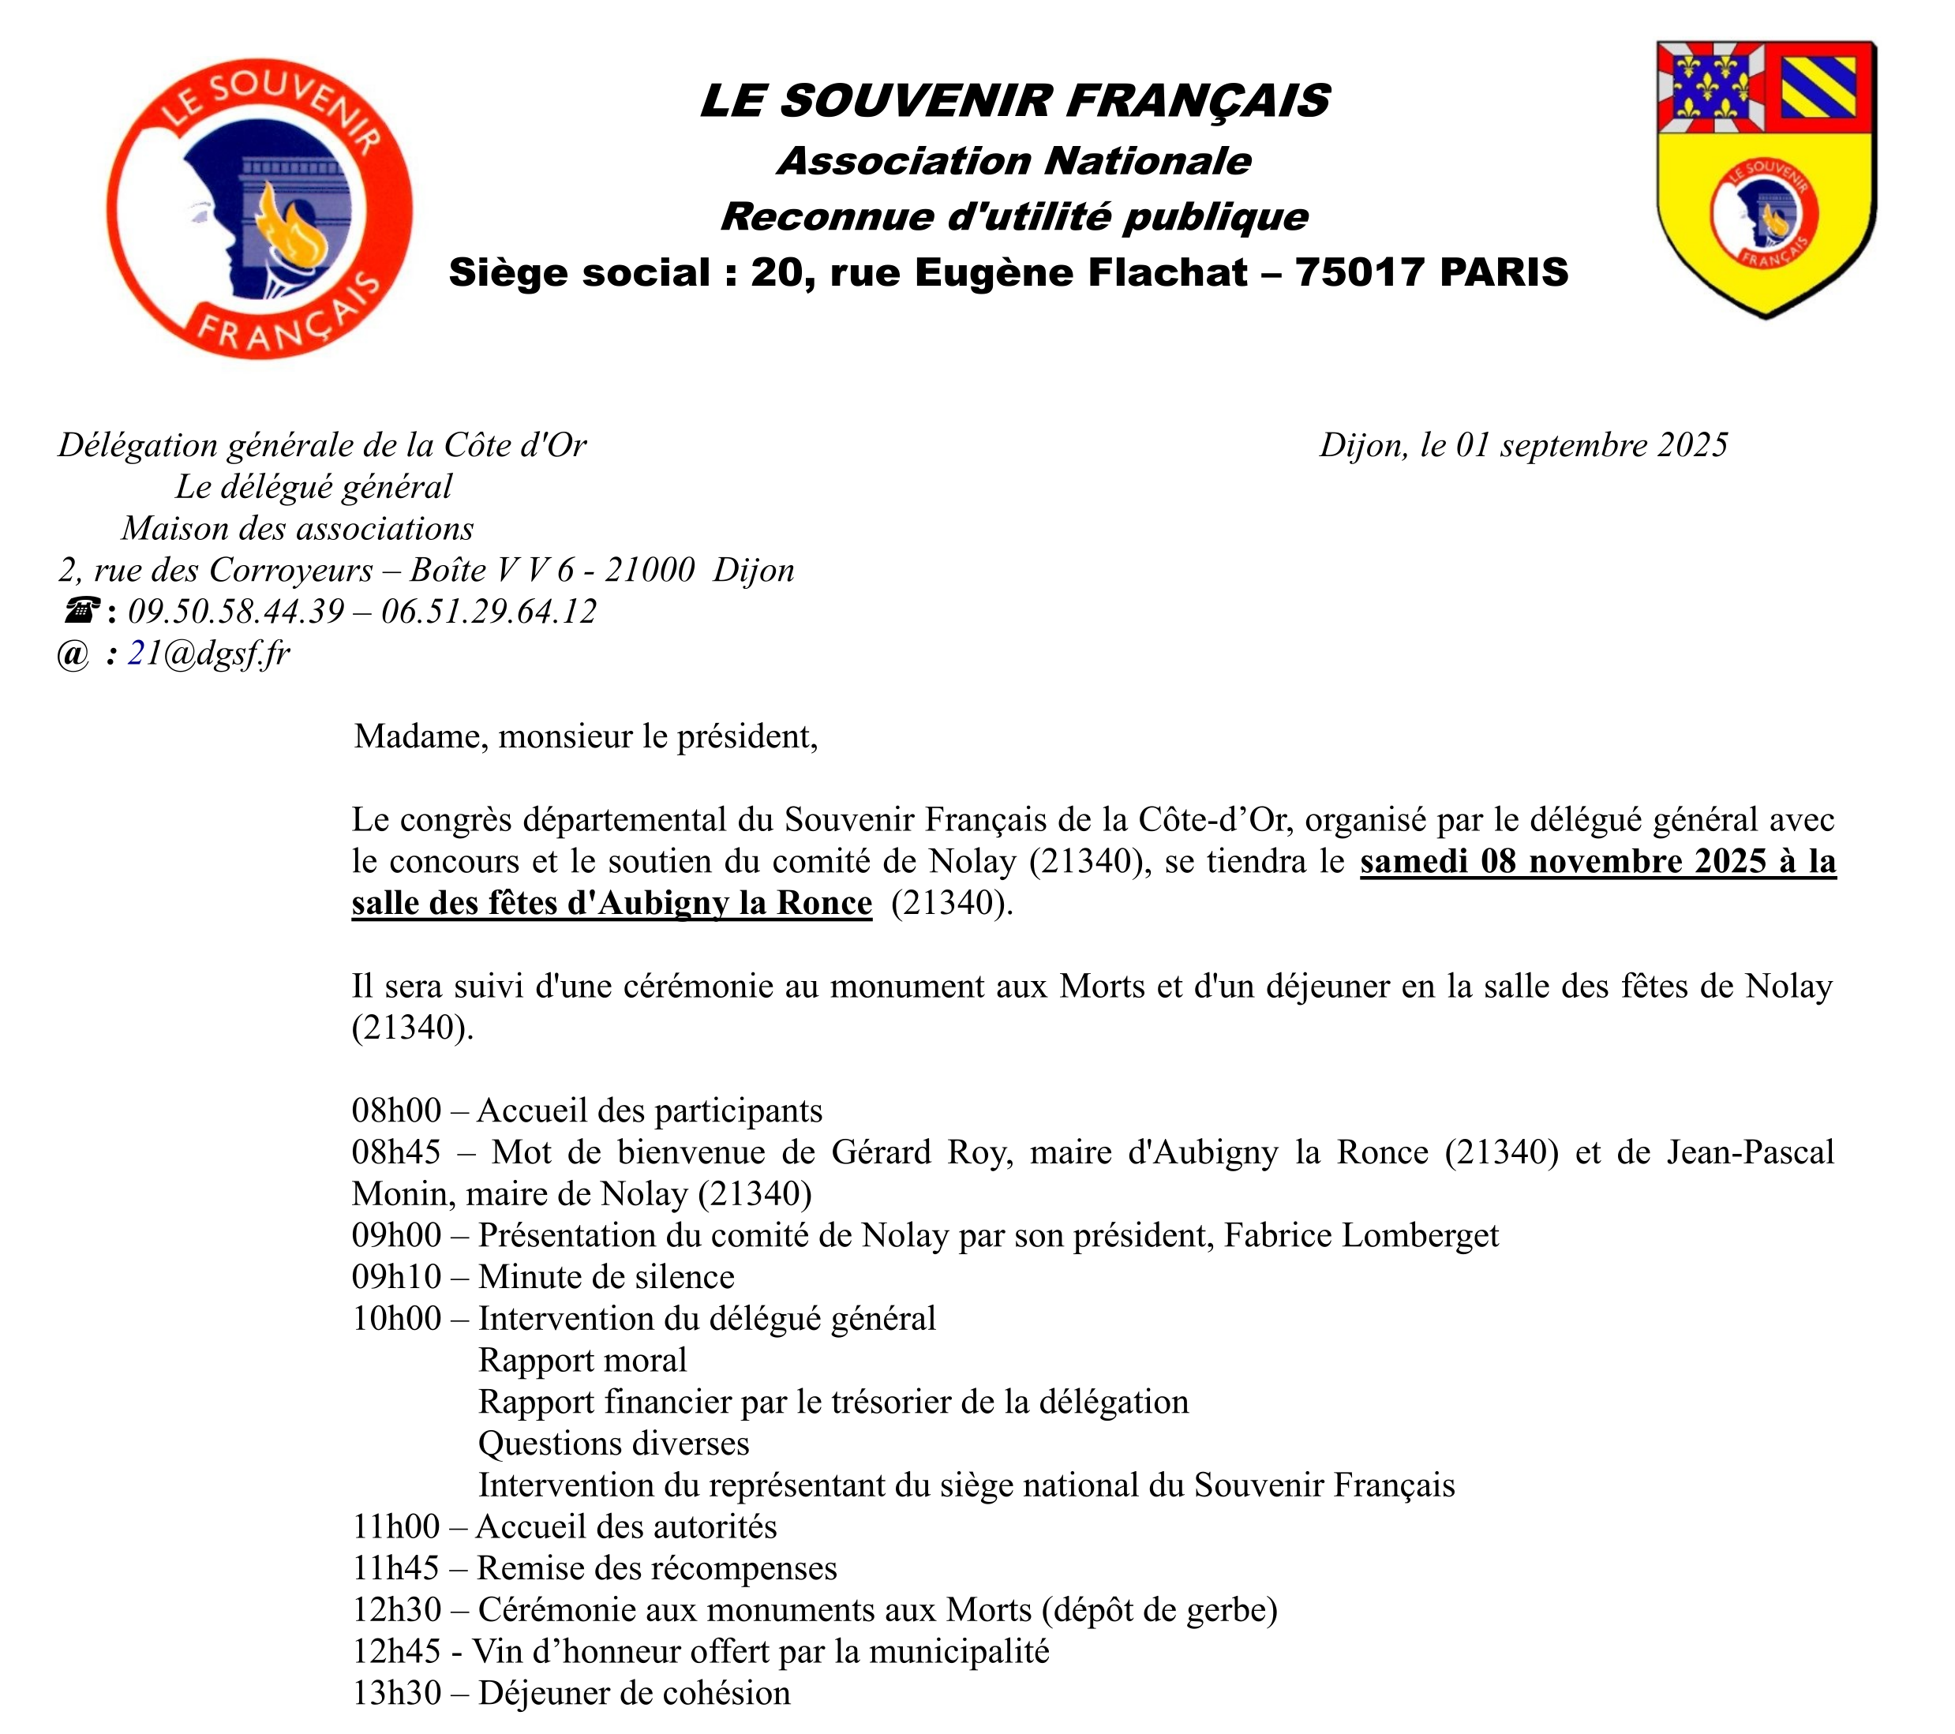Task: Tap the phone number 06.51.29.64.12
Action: [x=489, y=611]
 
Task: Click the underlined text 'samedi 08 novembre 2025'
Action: [x=1563, y=862]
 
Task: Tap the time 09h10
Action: [x=396, y=1278]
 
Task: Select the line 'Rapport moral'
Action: [x=582, y=1361]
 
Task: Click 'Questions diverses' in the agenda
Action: [x=613, y=1444]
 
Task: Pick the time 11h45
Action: [x=396, y=1568]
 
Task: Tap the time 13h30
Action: [x=396, y=1694]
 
